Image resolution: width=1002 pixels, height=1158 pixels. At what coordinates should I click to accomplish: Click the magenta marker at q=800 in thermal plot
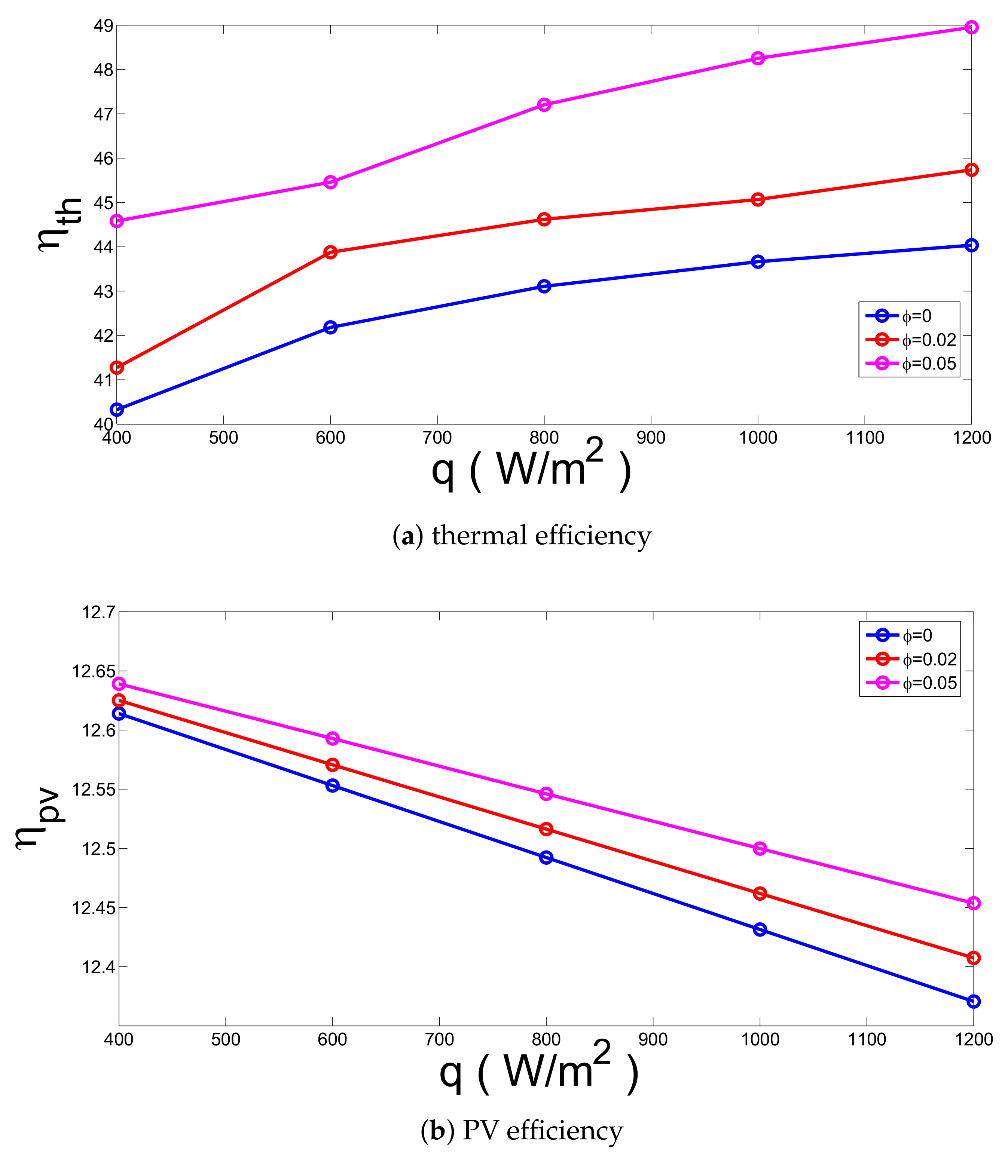[544, 104]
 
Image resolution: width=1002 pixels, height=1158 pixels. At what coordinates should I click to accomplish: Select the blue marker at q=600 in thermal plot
[330, 328]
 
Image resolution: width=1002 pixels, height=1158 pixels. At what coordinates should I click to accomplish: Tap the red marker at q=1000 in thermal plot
[758, 199]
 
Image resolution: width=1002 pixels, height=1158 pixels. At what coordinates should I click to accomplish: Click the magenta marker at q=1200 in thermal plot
[971, 27]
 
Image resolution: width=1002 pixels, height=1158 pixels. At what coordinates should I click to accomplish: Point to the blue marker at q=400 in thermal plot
[117, 410]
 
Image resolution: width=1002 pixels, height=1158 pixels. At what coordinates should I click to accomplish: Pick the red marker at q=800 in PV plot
[546, 829]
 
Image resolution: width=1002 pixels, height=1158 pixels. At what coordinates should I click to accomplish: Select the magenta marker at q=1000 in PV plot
[760, 848]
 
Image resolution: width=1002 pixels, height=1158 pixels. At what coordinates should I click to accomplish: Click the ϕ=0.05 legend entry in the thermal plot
[911, 364]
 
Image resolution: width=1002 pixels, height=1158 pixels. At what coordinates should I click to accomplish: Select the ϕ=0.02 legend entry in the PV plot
[911, 659]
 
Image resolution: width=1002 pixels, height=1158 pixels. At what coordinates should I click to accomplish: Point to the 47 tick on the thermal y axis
[103, 114]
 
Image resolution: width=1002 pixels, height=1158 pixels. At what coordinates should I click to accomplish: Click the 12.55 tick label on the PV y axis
[93, 789]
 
